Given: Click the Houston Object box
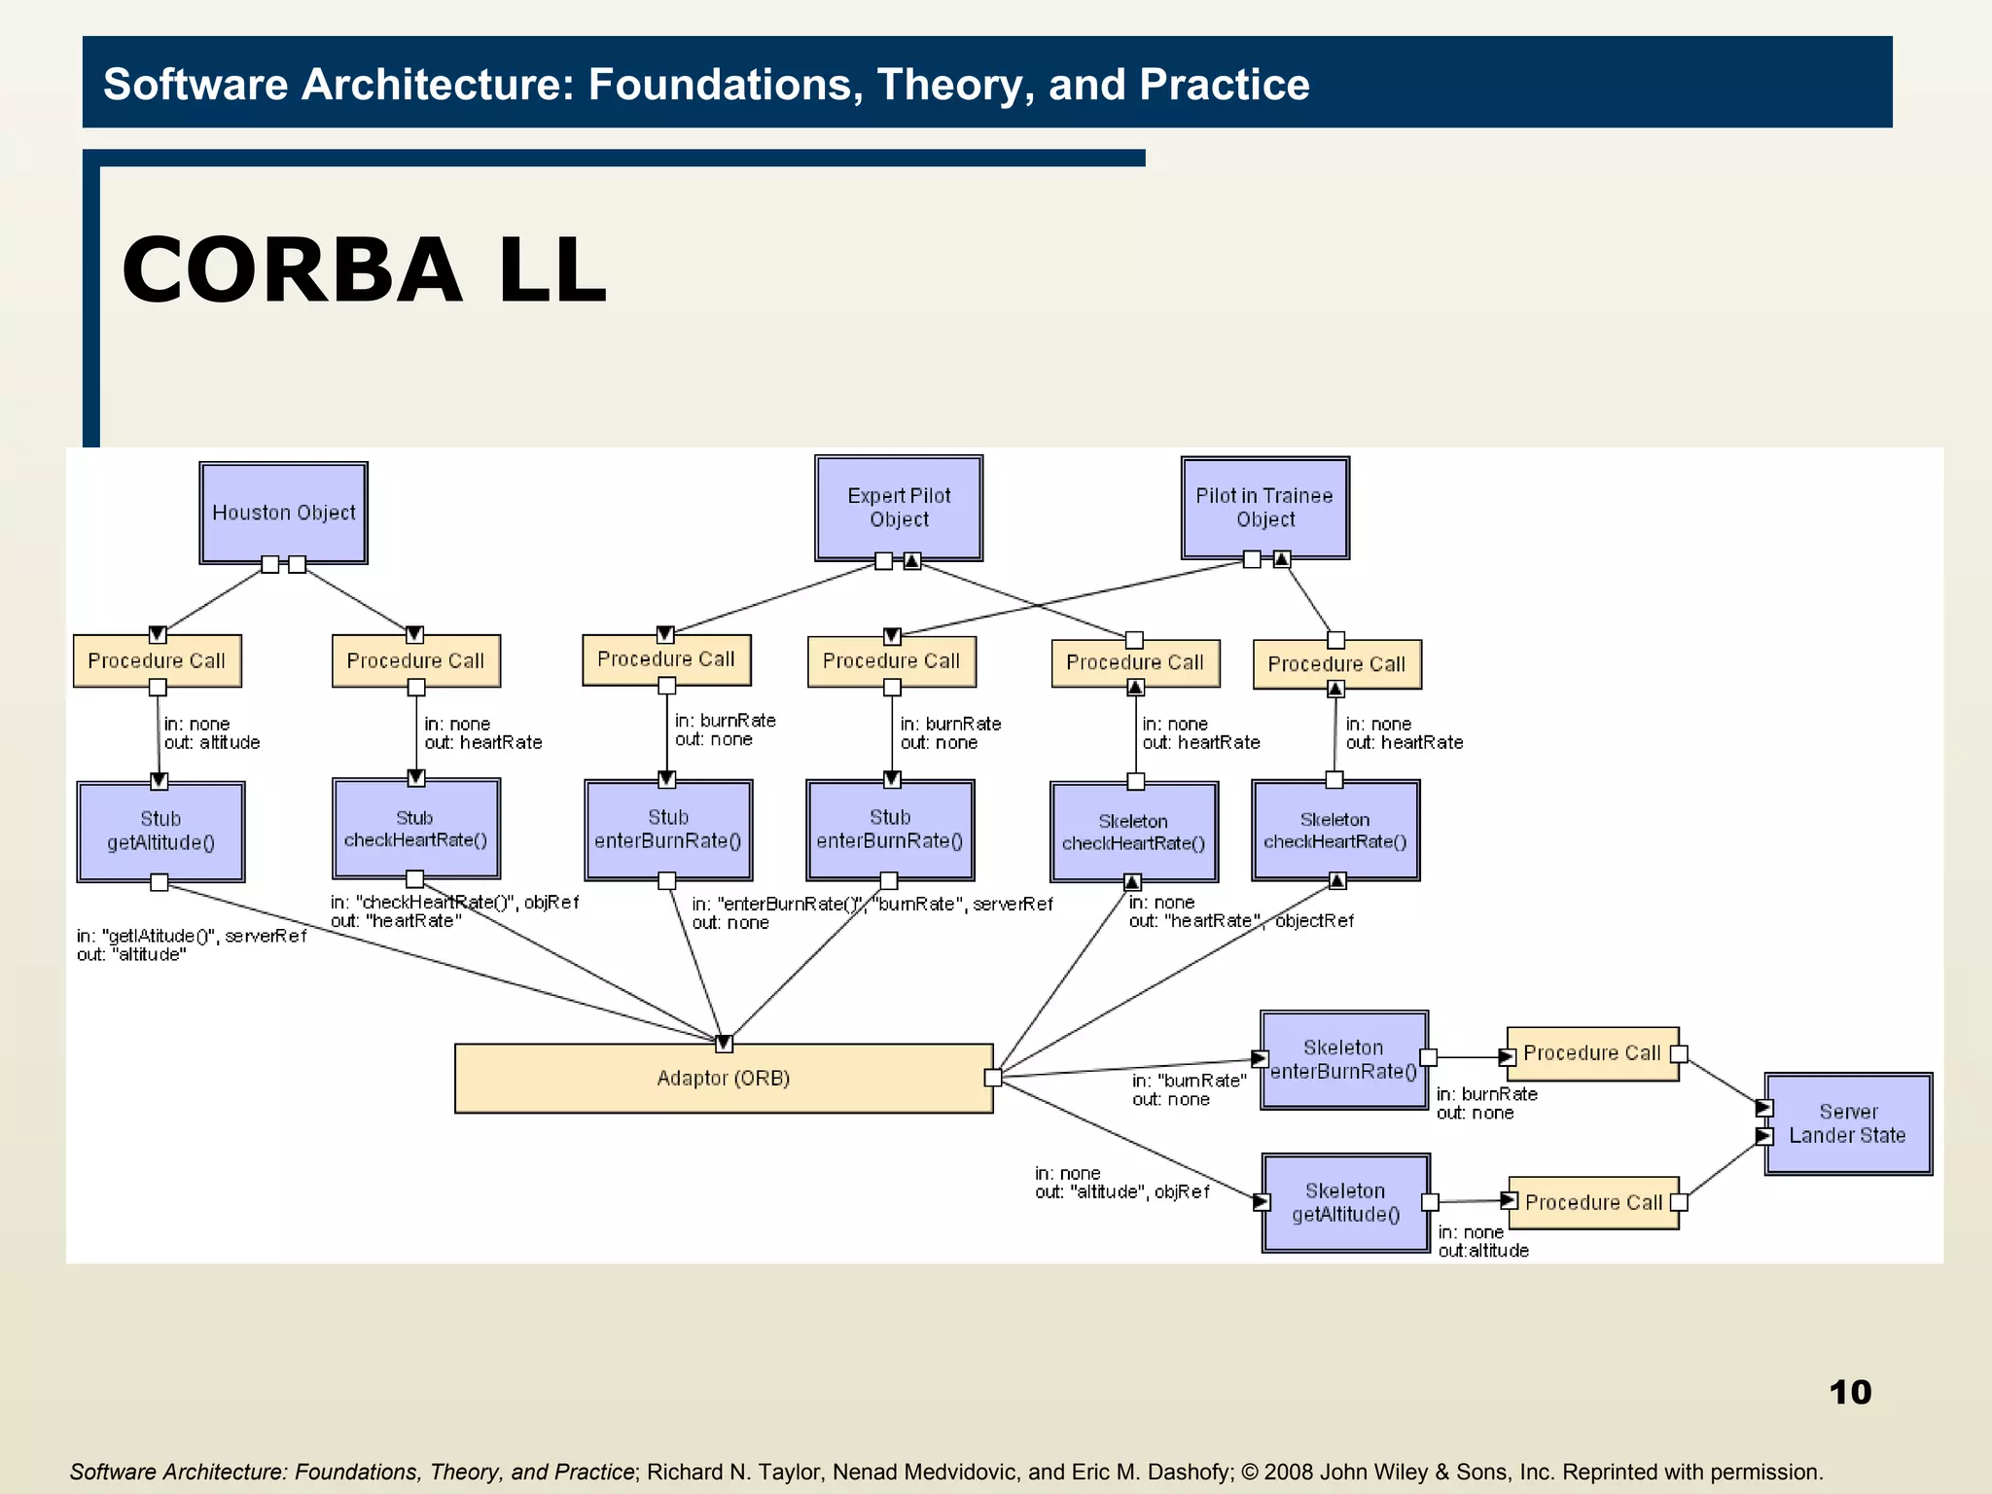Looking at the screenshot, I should click(283, 513).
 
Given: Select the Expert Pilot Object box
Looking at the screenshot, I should click(899, 508).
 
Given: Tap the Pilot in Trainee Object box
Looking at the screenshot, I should click(1264, 508).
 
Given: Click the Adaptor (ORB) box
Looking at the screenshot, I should click(723, 1079).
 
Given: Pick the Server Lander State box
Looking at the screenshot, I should click(1847, 1123).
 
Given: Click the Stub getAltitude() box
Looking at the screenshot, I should click(160, 832).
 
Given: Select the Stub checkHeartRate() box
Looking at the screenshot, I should click(415, 829).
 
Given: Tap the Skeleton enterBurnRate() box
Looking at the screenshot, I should click(1343, 1060).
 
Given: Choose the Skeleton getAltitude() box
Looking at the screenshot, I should click(1345, 1203).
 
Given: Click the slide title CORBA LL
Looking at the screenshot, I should click(364, 270).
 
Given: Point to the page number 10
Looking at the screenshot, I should click(1849, 1392).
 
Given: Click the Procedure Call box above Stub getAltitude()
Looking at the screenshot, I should click(157, 661).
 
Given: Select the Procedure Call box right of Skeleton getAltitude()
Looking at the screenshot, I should click(1592, 1203).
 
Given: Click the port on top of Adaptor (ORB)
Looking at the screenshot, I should click(724, 1044).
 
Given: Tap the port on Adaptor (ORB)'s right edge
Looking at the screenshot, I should click(992, 1078).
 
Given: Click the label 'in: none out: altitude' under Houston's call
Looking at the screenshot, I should click(211, 733).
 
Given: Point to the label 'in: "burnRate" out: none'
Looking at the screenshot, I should click(1188, 1090).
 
